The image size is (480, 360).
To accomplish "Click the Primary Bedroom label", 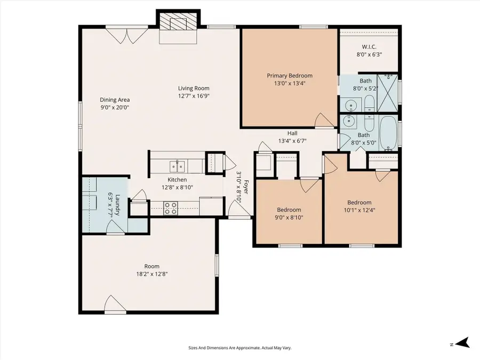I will pyautogui.click(x=290, y=76).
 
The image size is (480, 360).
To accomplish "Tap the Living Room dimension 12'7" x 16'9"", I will pyautogui.click(x=194, y=96).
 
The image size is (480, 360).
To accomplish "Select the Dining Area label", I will pyautogui.click(x=115, y=100).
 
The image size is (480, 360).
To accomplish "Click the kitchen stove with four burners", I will pyautogui.click(x=171, y=208).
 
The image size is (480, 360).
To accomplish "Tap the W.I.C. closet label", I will pyautogui.click(x=369, y=46).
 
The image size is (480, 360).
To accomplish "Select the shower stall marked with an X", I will pyautogui.click(x=388, y=92).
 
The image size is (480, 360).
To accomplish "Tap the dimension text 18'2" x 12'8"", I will pyautogui.click(x=152, y=274).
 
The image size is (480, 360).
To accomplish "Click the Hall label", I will pyautogui.click(x=292, y=133).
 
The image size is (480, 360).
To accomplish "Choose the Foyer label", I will pyautogui.click(x=246, y=188).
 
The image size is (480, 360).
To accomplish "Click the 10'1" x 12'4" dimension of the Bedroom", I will pyautogui.click(x=359, y=210).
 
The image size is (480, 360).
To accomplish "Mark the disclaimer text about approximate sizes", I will pyautogui.click(x=239, y=348).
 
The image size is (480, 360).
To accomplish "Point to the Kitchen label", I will pyautogui.click(x=177, y=180).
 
